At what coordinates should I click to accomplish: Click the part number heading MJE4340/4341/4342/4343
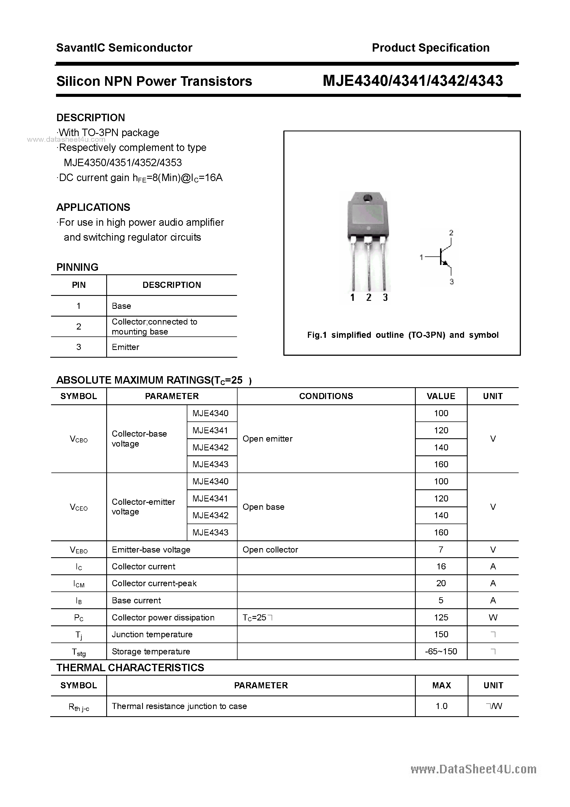pos(412,81)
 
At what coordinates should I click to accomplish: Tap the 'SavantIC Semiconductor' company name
pos(124,48)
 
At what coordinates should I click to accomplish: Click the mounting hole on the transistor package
pos(367,198)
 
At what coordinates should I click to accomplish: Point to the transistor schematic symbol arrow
pos(445,262)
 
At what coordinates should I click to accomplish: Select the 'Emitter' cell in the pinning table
pos(126,347)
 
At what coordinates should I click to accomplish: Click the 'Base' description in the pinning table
pos(121,306)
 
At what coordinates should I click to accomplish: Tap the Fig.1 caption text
pos(403,335)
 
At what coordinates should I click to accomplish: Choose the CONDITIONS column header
pos(326,396)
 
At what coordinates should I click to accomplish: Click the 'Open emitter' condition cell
pos(267,439)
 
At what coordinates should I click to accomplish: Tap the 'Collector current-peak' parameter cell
pos(154,583)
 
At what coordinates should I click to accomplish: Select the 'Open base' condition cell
pos(263,507)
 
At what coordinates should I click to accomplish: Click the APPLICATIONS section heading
pos(93,207)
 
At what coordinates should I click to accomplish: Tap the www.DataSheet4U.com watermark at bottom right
pos(473,769)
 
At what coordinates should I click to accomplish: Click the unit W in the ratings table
pos(493,618)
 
